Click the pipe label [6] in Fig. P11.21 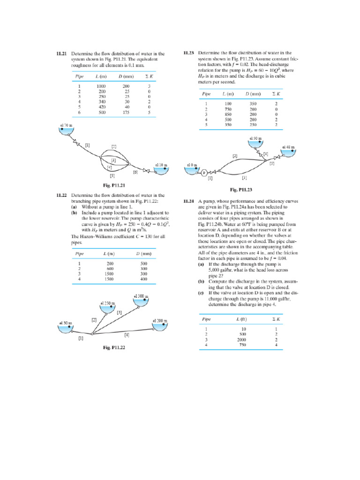(135, 172)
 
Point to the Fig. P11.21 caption (114, 185)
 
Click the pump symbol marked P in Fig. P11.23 (204, 172)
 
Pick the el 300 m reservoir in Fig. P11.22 (141, 300)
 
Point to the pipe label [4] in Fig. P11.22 (127, 335)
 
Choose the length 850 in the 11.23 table (228, 114)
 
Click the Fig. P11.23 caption (241, 190)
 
